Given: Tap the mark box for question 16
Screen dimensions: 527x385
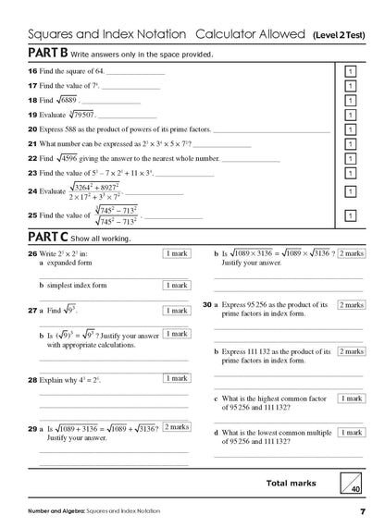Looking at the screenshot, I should coord(350,72).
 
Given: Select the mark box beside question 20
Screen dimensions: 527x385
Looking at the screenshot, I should coord(350,130).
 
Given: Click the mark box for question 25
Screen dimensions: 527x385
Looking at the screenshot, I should coord(350,215).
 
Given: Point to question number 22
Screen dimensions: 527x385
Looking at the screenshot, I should coord(31,159).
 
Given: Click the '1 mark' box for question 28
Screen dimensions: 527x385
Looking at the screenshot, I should coord(176,378).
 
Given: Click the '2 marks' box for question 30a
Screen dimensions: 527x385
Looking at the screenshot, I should coord(352,305).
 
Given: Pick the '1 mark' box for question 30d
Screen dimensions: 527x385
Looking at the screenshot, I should coord(352,432).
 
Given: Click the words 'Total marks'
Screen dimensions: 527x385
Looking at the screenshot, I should coord(290,483).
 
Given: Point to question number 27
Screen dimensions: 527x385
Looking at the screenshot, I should coord(31,312).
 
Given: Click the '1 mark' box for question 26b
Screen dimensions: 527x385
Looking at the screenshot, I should coord(176,286).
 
